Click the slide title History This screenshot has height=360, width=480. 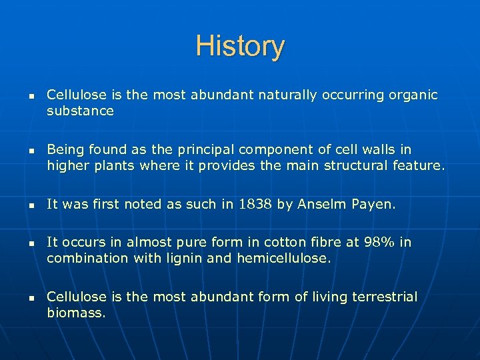coord(240,47)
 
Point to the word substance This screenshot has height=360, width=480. coord(80,111)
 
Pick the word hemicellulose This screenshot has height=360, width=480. coord(284,258)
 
